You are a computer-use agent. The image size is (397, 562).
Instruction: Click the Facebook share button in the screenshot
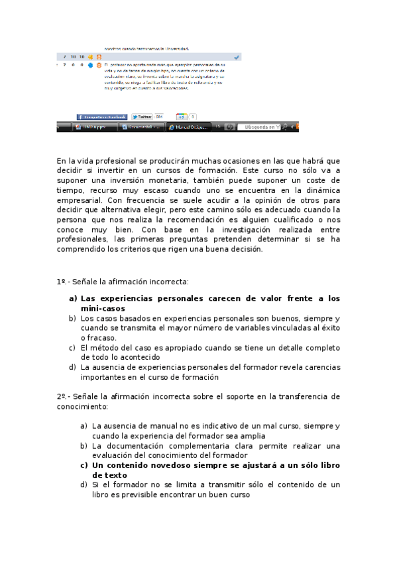pos(101,117)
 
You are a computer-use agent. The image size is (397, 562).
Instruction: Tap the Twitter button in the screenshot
pos(142,117)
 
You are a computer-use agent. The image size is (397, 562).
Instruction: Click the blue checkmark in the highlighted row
pos(237,58)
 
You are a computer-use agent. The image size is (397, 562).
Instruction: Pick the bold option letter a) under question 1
pos(73,298)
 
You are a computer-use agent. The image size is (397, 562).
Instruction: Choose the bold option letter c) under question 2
pos(84,465)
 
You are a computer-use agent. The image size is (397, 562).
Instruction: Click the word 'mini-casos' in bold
pos(103,308)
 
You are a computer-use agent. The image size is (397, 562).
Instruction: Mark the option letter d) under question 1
pos(72,367)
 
